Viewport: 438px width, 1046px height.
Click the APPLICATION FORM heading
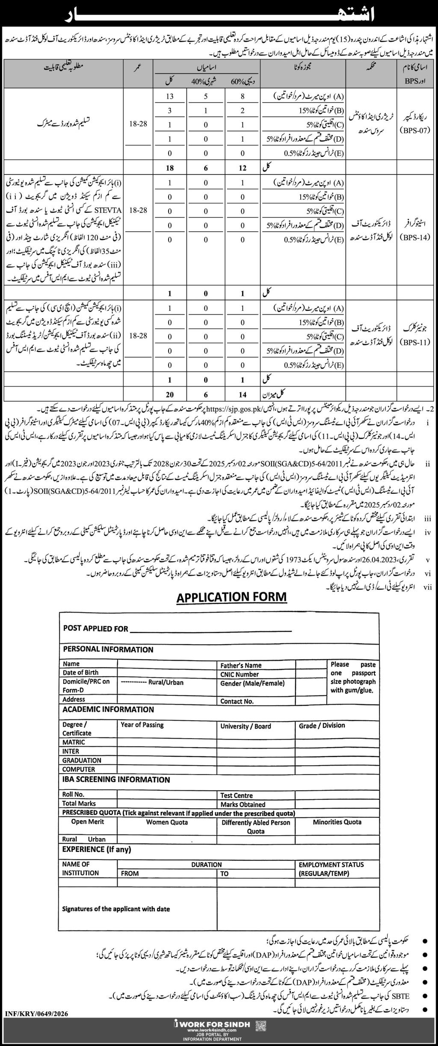231,597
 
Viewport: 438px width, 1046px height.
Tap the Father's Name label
241,665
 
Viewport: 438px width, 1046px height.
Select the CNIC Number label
240,674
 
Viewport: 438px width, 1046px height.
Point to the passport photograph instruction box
353,678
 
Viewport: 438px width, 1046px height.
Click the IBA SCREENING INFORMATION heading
116,779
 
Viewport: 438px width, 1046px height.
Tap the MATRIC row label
74,742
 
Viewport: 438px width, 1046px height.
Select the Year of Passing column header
142,725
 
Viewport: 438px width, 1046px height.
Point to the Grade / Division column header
322,725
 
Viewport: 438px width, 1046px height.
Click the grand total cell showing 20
170,394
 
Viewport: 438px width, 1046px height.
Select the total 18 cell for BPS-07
170,168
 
